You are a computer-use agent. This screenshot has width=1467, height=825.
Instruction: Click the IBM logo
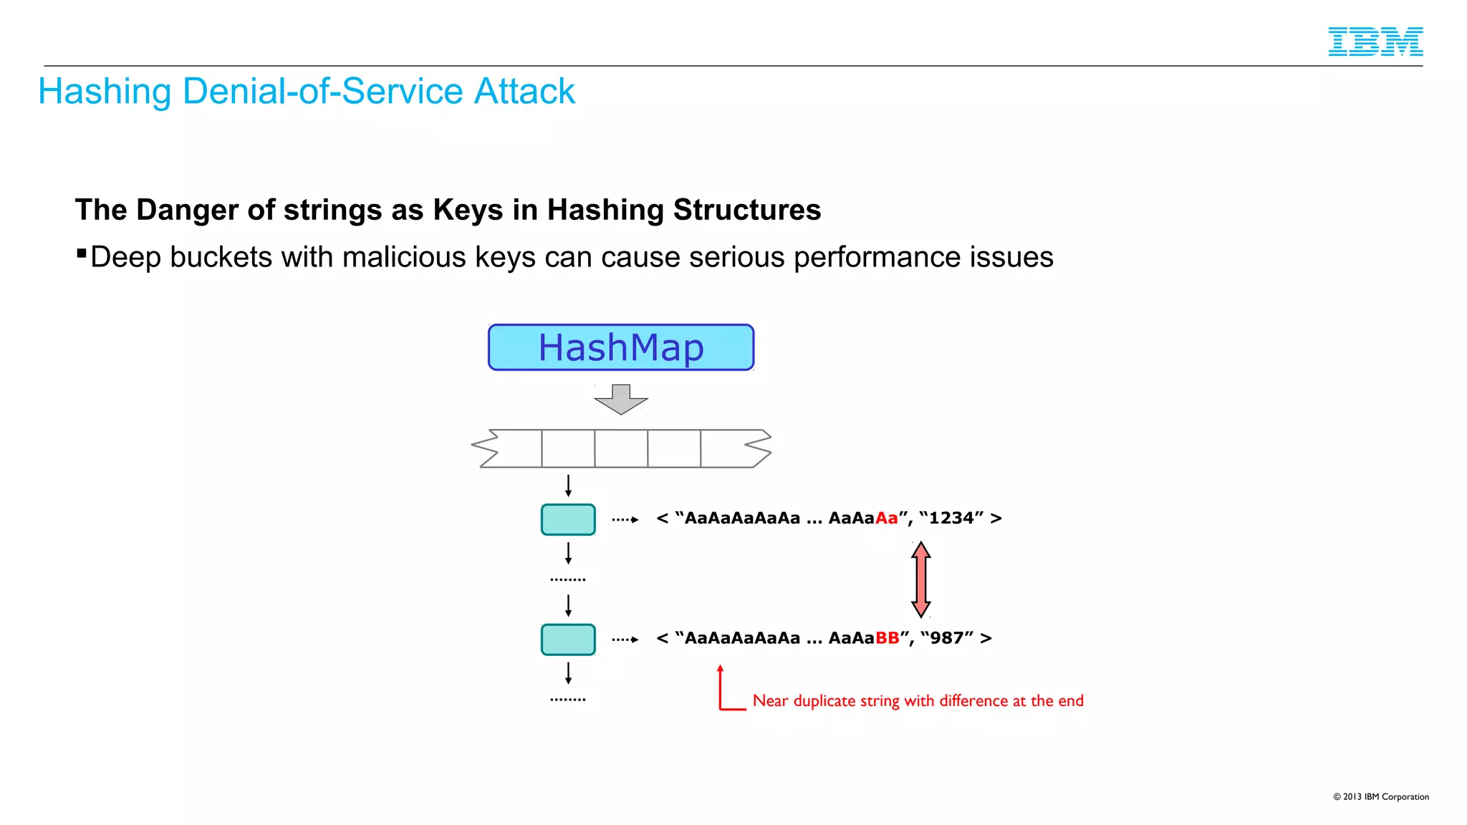tap(1375, 42)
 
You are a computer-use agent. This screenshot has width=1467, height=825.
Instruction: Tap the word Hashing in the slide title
tap(105, 92)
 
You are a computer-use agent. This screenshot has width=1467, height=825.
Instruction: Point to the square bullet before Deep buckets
tap(82, 253)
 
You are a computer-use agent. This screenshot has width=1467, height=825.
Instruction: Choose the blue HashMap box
tap(621, 347)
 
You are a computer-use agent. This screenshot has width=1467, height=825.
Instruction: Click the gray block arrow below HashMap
tap(621, 399)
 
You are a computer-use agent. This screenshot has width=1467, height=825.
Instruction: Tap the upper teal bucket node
tap(568, 519)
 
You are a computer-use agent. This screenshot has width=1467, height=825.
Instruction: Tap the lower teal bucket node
tap(568, 640)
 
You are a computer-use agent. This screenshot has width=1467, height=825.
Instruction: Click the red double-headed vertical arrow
tap(921, 579)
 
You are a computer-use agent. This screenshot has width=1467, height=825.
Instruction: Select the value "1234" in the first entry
tap(951, 518)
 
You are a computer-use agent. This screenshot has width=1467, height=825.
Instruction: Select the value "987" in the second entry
tap(947, 638)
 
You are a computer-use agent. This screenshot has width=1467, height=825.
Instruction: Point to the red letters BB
tap(887, 638)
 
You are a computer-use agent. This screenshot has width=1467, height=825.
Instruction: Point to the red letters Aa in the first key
tap(886, 518)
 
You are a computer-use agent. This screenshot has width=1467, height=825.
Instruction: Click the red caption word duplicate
tap(824, 701)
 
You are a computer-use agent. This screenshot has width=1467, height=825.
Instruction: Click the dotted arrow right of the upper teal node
tap(625, 520)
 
